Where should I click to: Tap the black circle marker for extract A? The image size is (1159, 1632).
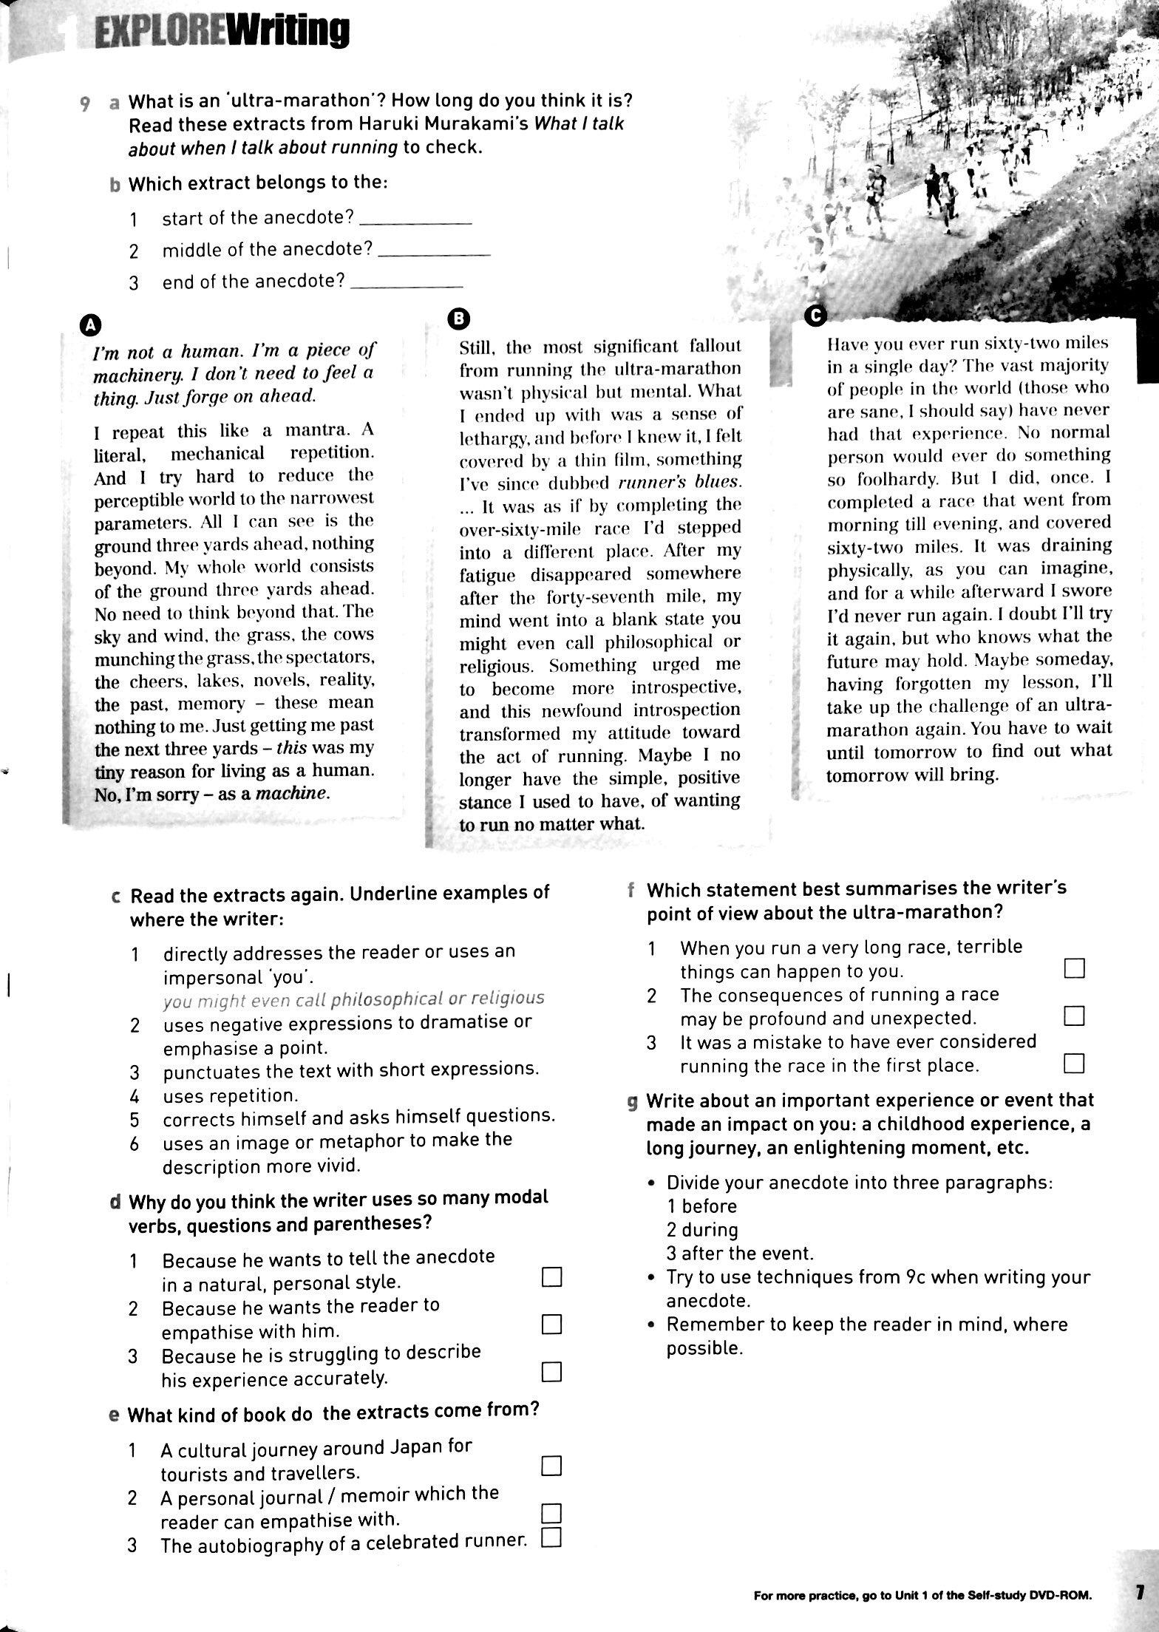(89, 324)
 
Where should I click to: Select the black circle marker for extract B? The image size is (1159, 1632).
(458, 318)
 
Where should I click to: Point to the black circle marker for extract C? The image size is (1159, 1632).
(815, 315)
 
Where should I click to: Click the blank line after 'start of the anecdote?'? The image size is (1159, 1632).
(418, 222)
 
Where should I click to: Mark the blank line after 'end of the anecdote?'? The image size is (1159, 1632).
(408, 285)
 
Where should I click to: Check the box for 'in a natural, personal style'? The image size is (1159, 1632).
(551, 1277)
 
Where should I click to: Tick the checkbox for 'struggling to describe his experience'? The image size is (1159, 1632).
(551, 1373)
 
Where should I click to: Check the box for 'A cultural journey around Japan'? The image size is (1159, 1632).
(551, 1465)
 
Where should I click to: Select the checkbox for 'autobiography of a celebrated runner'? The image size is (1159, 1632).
(551, 1539)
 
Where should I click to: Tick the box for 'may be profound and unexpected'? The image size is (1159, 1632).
(1074, 1016)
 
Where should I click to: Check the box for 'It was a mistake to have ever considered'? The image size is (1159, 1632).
(1074, 1064)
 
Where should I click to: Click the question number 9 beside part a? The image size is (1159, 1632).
(86, 104)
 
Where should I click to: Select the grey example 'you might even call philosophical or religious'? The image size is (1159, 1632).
(353, 999)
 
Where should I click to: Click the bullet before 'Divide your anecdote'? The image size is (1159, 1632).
(651, 1183)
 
